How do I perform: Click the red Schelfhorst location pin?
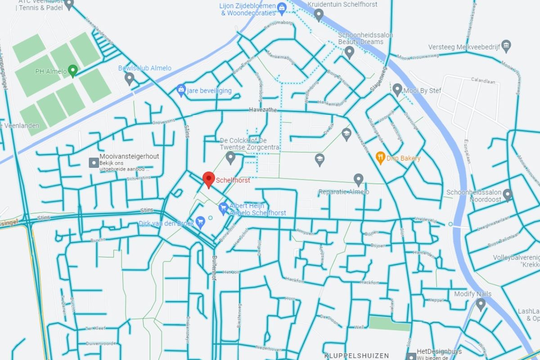pos(208,179)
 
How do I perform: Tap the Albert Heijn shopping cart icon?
pos(223,208)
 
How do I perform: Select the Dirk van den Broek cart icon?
pos(201,221)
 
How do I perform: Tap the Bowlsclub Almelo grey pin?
pos(130,79)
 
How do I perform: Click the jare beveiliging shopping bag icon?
pos(181,90)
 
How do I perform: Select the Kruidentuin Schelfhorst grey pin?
pos(319,14)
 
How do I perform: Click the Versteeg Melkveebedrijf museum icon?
pos(506,45)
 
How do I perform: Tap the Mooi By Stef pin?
pos(397,90)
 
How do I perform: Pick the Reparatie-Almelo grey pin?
pos(358,180)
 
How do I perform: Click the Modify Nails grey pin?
pos(481,304)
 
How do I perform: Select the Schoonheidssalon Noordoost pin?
pos(508,194)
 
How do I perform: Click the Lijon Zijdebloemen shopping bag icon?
pos(281,7)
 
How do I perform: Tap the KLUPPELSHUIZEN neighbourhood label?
pos(357,355)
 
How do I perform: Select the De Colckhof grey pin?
pos(230,157)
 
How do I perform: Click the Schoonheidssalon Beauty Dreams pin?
pos(349,52)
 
